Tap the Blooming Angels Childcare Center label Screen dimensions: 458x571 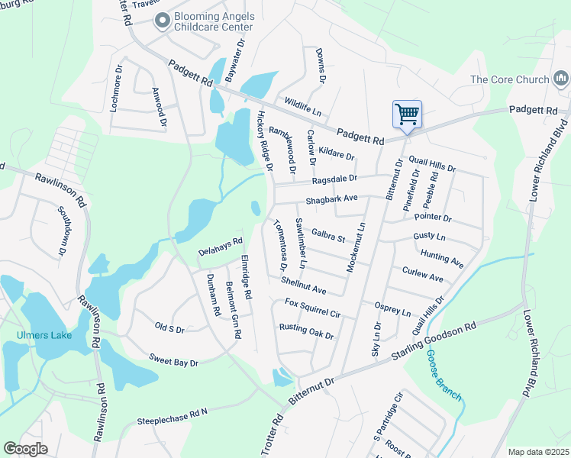point(213,21)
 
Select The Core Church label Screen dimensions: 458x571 point(510,79)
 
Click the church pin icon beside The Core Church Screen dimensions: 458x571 point(561,79)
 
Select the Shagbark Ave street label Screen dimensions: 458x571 point(331,198)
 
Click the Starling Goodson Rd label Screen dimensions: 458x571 point(434,344)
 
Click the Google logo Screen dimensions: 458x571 point(25,449)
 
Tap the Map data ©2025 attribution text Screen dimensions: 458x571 point(538,452)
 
